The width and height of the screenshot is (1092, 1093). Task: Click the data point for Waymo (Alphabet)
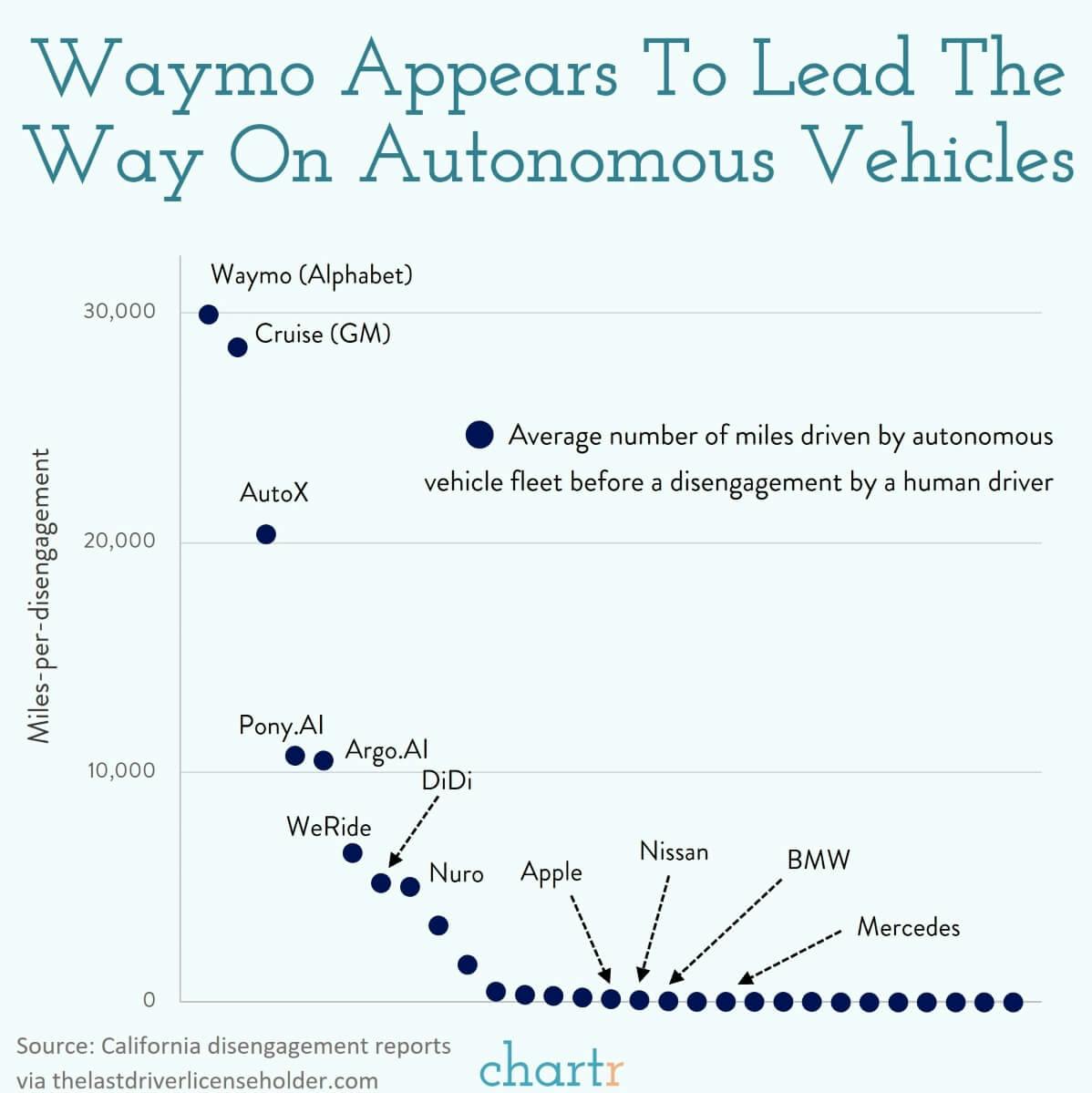209,314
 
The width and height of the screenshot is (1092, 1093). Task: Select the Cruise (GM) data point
238,347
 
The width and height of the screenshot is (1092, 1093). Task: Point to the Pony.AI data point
294,756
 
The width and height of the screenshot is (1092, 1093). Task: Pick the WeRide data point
352,853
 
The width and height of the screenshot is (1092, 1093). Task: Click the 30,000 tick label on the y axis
119,311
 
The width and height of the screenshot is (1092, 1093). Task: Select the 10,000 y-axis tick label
121,770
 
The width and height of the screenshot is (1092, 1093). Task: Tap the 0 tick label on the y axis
149,1000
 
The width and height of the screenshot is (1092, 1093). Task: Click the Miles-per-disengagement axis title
39,595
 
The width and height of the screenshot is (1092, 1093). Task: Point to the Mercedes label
908,928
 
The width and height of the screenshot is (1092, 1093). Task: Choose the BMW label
818,860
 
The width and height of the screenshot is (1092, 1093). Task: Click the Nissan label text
674,851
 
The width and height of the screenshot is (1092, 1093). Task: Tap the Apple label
551,872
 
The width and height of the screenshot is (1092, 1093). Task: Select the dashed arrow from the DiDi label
415,831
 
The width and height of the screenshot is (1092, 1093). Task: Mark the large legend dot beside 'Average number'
479,435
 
